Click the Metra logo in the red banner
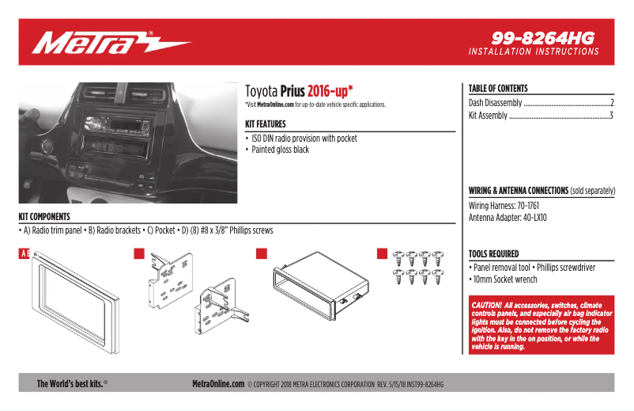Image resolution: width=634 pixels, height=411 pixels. pyautogui.click(x=111, y=42)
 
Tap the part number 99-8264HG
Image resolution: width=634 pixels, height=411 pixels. pyautogui.click(x=542, y=37)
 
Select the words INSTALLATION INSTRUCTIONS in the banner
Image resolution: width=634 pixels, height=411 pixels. pyautogui.click(x=534, y=51)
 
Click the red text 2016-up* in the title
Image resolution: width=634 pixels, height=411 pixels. pyautogui.click(x=330, y=90)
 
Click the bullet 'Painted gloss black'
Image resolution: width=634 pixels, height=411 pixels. pyautogui.click(x=280, y=150)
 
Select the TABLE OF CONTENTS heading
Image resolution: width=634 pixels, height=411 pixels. pyautogui.click(x=498, y=89)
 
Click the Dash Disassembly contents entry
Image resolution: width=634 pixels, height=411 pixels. pyautogui.click(x=496, y=103)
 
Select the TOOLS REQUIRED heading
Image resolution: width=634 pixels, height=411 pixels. pyautogui.click(x=493, y=254)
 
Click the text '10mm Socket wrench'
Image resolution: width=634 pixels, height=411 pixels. pyautogui.click(x=505, y=280)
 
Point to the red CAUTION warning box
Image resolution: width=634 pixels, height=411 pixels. pyautogui.click(x=541, y=325)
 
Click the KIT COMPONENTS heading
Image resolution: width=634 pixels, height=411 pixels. pyautogui.click(x=44, y=216)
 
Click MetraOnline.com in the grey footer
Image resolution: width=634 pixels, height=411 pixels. pyautogui.click(x=218, y=383)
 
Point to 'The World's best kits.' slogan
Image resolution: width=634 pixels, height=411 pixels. pyautogui.click(x=72, y=383)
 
